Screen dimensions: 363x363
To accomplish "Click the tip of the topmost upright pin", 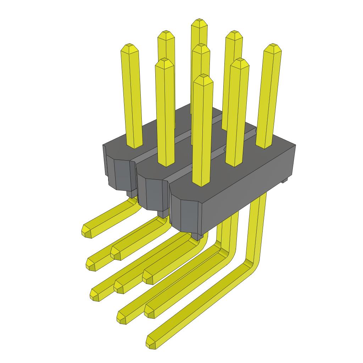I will click(x=199, y=22).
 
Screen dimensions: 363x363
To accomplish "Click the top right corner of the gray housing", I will click(x=295, y=145).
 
